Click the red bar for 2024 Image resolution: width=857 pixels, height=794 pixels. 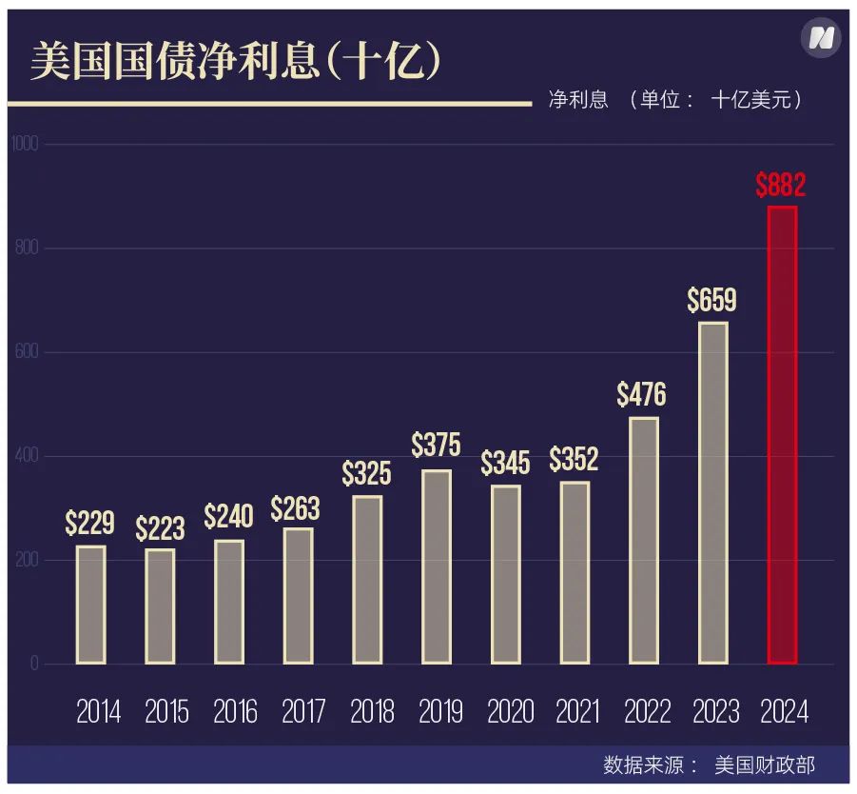pos(782,435)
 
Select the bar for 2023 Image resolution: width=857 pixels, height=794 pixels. pos(712,493)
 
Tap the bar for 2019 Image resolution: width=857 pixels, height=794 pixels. pos(437,566)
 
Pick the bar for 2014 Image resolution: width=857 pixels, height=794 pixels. pos(91,605)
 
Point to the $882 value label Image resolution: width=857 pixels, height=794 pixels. pos(781,185)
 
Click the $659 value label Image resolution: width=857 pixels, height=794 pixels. pos(711,301)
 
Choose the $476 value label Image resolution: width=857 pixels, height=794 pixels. pos(642,394)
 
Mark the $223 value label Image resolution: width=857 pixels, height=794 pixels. pos(160,529)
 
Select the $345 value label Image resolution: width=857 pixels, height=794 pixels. pos(505,464)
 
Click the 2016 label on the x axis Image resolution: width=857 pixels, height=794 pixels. pos(235,712)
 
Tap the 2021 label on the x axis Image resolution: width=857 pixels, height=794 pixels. pos(578,712)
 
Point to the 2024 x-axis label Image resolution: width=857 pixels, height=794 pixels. pos(785,712)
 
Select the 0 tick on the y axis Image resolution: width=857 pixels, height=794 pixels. pos(34,664)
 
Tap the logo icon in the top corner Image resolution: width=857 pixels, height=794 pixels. pos(820,38)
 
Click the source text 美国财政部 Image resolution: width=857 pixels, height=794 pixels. pos(765,764)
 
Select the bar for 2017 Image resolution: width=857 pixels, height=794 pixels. pos(298,596)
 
